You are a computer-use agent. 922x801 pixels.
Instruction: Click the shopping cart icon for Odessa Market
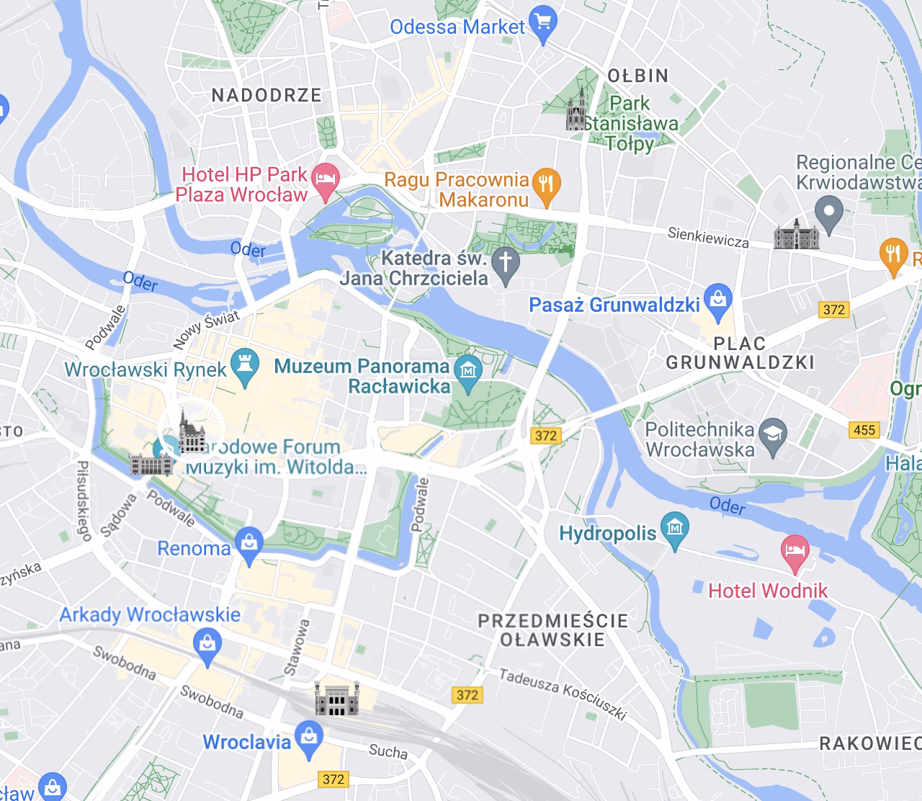[x=543, y=24]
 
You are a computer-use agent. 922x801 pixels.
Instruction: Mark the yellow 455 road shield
[x=864, y=430]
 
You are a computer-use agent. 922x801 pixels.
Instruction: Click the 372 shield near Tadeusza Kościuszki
[x=467, y=694]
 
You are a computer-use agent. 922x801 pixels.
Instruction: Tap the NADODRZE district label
[x=267, y=95]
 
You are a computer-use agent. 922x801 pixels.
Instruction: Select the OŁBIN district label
[x=638, y=76]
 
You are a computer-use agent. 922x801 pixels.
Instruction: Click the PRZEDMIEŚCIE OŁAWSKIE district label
[x=553, y=630]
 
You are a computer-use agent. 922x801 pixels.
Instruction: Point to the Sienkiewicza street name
[x=708, y=237]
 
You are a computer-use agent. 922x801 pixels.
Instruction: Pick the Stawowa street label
[x=297, y=647]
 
